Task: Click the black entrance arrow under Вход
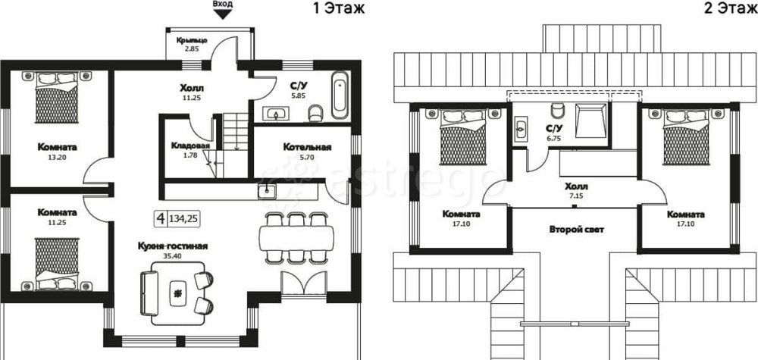pos(223,14)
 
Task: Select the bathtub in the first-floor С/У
pos(340,95)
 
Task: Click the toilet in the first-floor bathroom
pos(315,113)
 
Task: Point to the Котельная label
pos(307,147)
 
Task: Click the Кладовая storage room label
pos(190,146)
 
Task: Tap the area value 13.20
pos(57,157)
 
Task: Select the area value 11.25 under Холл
pos(192,98)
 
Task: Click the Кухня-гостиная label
pos(173,246)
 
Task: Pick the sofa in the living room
pos(149,293)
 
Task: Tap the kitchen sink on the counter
pos(266,191)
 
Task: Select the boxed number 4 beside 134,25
pos(161,219)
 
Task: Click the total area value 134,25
pos(183,219)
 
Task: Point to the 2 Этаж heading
pos(730,8)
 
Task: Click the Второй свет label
pos(576,230)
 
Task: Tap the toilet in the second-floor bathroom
pos(558,110)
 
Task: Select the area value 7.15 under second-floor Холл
pos(576,196)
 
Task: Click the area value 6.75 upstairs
pos(553,138)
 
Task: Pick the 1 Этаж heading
pos(338,8)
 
